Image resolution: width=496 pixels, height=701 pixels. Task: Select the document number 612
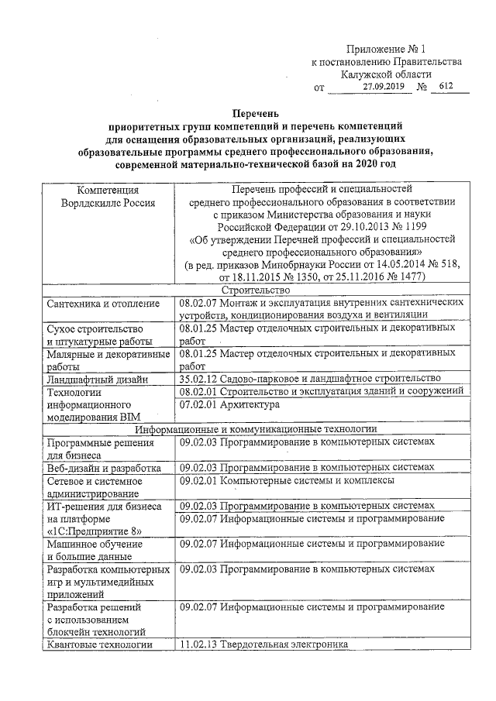tap(446, 87)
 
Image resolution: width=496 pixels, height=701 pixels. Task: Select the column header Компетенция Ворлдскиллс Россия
tap(108, 195)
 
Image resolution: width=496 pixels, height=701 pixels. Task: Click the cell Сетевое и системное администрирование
tap(94, 486)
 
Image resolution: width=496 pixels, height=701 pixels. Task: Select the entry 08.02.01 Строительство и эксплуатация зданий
tap(320, 391)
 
